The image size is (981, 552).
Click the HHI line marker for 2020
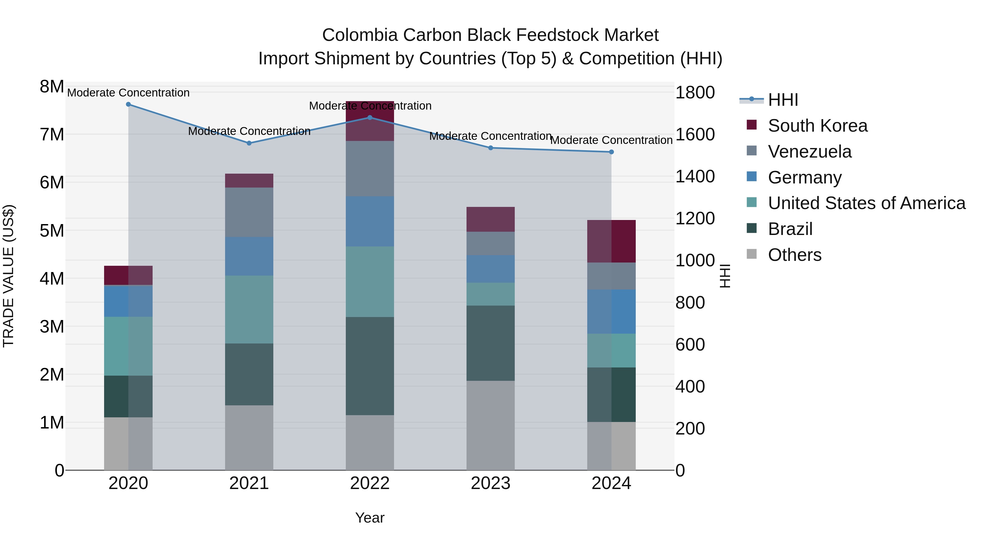tap(128, 104)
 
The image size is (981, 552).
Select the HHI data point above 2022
tap(370, 118)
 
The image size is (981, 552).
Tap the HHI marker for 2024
tap(611, 152)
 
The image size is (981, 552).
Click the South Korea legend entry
tap(818, 126)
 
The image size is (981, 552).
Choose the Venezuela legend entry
tap(810, 152)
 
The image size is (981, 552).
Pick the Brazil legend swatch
tap(752, 229)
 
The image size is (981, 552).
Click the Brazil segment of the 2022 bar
tap(370, 366)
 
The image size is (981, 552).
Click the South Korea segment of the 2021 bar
tap(249, 180)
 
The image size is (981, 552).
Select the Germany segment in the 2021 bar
tap(249, 257)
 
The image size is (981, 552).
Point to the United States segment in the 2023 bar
tap(491, 294)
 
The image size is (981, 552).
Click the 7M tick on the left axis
tap(52, 134)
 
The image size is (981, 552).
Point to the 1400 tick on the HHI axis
tap(695, 176)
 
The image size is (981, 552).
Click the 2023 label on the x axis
tap(491, 483)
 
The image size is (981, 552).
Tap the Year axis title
tap(370, 518)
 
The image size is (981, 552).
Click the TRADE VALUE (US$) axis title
tap(8, 276)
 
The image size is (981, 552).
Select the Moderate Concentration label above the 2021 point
tap(249, 131)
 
